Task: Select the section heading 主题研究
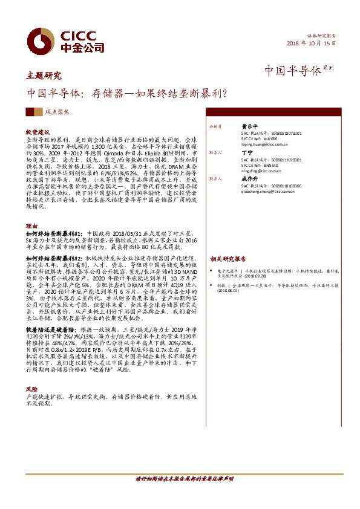(44, 76)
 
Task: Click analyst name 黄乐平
(250, 127)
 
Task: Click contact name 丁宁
(246, 153)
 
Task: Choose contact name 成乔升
(250, 178)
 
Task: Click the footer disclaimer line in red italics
(185, 479)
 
